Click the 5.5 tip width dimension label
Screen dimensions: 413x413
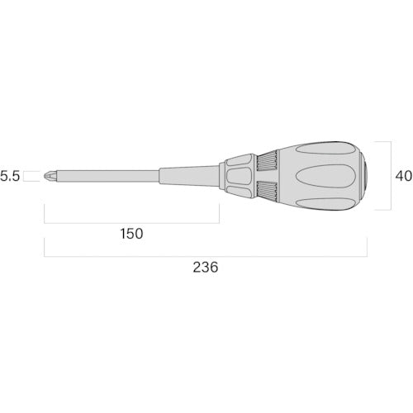click(10, 176)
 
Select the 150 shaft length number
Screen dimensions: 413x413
click(131, 234)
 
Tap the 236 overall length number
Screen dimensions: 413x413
click(206, 267)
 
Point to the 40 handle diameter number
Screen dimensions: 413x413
click(404, 176)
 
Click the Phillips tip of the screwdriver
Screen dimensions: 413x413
click(50, 176)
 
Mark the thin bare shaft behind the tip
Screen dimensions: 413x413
click(107, 176)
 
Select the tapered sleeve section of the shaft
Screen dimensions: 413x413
click(189, 176)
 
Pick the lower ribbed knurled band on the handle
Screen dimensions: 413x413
click(267, 191)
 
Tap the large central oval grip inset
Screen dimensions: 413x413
click(325, 176)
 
